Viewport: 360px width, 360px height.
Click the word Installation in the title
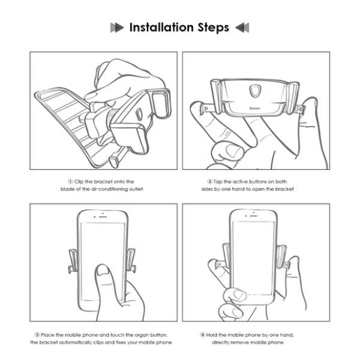tap(161, 28)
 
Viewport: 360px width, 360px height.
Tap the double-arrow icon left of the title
tap(117, 28)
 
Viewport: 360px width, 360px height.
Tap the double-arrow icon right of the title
tap(242, 28)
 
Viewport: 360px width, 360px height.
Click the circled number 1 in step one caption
tap(70, 182)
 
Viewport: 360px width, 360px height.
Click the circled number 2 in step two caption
tap(209, 182)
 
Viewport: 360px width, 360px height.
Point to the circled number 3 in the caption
tap(37, 335)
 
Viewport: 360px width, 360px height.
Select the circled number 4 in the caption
tap(203, 335)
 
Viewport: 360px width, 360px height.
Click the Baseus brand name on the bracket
tap(255, 108)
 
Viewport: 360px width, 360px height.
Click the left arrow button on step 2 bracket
tap(206, 108)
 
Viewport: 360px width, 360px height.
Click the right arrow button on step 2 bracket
tap(300, 110)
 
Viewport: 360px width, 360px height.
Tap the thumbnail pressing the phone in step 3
tap(103, 270)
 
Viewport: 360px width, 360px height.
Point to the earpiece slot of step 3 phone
tap(103, 217)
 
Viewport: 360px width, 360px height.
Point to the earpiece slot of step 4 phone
tap(253, 216)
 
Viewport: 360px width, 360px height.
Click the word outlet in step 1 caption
tap(136, 189)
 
